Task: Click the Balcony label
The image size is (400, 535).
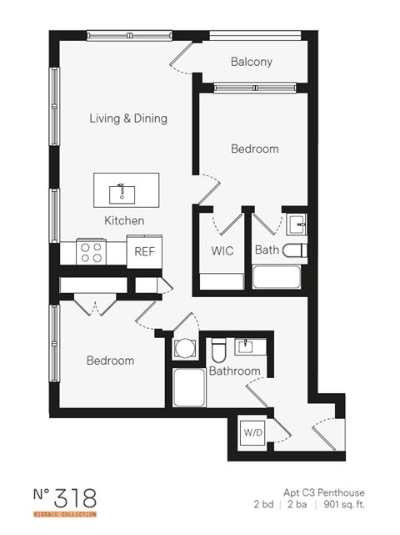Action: (x=251, y=62)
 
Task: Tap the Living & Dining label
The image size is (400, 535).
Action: (x=128, y=119)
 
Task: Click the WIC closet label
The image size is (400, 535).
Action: (x=222, y=250)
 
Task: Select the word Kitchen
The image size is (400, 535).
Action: (x=124, y=221)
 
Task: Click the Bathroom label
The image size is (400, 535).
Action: (x=234, y=371)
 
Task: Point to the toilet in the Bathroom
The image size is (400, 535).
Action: (x=219, y=348)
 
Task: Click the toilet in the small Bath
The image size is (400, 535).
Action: (x=294, y=250)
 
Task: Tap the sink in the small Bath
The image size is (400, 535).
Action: (x=297, y=224)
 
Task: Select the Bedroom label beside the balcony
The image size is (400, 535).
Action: (x=254, y=149)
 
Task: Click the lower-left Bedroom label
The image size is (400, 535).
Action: (x=110, y=361)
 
